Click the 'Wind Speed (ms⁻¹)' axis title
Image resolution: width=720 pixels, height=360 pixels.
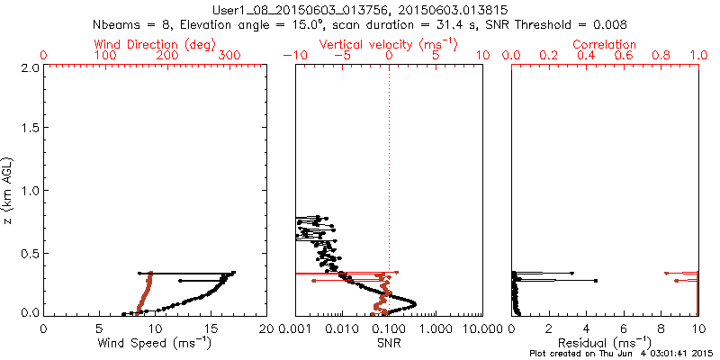(x=155, y=343)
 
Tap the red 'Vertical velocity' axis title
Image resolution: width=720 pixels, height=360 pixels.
(x=388, y=43)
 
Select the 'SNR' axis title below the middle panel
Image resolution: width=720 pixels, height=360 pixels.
(x=389, y=343)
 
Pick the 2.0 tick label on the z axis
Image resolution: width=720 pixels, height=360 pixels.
(x=30, y=67)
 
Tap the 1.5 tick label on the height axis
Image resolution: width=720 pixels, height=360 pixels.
(x=30, y=129)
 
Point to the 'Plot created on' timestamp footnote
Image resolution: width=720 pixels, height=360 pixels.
(x=622, y=355)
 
